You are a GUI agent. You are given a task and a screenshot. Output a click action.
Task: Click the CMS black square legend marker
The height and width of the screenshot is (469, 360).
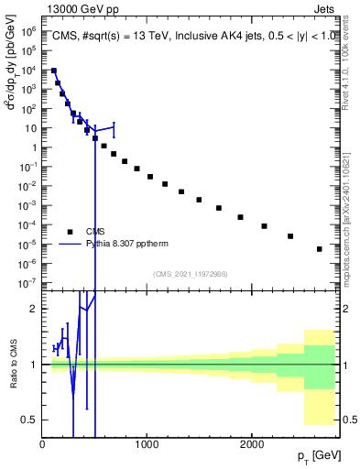(70, 232)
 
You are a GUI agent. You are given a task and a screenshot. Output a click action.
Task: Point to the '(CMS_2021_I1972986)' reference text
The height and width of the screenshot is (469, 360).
(190, 274)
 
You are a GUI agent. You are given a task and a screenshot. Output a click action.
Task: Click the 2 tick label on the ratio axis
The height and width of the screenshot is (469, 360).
(33, 309)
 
